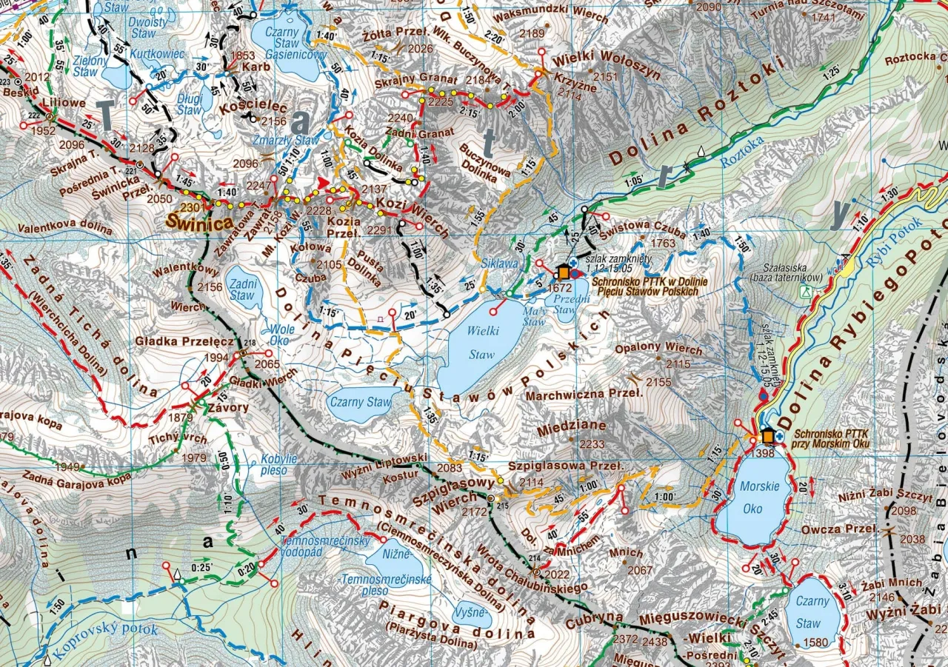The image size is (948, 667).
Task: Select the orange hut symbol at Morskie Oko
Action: (767, 435)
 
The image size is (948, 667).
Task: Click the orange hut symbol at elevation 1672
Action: (564, 272)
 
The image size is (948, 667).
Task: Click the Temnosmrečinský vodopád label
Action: (314, 546)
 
